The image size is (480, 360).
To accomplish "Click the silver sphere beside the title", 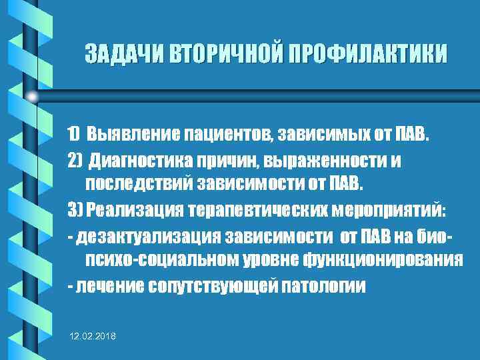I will pos(33,97).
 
